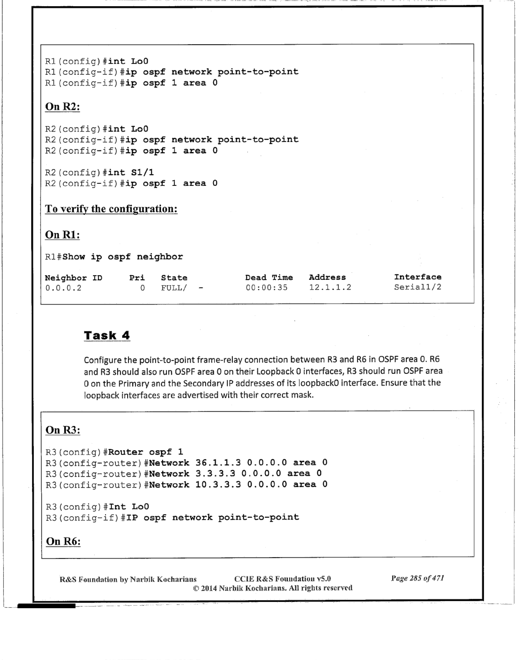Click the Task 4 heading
point(107,336)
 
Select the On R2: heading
point(63,107)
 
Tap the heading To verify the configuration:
point(111,209)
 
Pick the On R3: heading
point(63,430)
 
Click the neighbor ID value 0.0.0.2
point(63,288)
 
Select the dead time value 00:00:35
point(267,288)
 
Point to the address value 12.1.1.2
point(330,288)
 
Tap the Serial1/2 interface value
point(417,287)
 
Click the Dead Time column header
point(269,277)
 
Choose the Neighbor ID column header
point(73,278)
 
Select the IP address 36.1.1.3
point(218,463)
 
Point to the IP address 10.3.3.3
point(218,484)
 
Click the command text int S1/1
point(131,172)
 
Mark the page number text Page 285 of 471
point(417,578)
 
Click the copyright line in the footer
point(272,588)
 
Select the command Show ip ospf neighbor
point(122,257)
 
